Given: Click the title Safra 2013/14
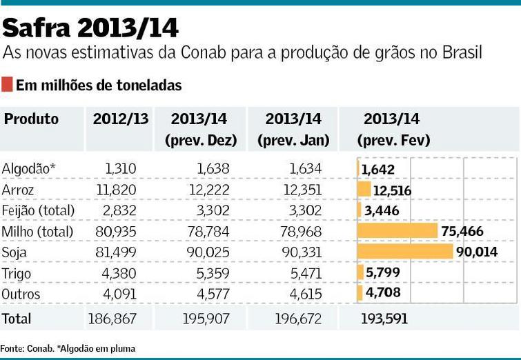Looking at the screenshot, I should coord(90,28).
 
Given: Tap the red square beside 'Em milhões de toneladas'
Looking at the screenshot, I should coord(7,86).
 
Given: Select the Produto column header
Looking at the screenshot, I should coord(31,119).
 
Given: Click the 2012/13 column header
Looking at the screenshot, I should coord(120,119).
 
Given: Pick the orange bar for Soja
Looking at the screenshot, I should coord(405,252).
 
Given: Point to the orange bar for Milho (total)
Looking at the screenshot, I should coord(397,231).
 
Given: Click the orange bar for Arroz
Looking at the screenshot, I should coord(364,190).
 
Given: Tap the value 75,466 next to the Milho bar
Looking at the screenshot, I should coord(462,231).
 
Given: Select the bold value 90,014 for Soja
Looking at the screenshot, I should coord(477,252).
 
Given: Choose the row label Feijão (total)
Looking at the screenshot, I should coord(38,210).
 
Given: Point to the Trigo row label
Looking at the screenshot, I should coord(17,273).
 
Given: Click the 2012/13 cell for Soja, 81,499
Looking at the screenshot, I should coord(115,252).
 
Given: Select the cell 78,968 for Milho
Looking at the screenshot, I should coord(299,231).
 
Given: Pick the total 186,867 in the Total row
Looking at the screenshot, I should coord(112,318).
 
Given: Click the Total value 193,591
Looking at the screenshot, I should coord(384,318).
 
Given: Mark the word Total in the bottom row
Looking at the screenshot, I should coord(17,318).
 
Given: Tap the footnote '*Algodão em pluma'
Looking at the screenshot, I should coord(98,349).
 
